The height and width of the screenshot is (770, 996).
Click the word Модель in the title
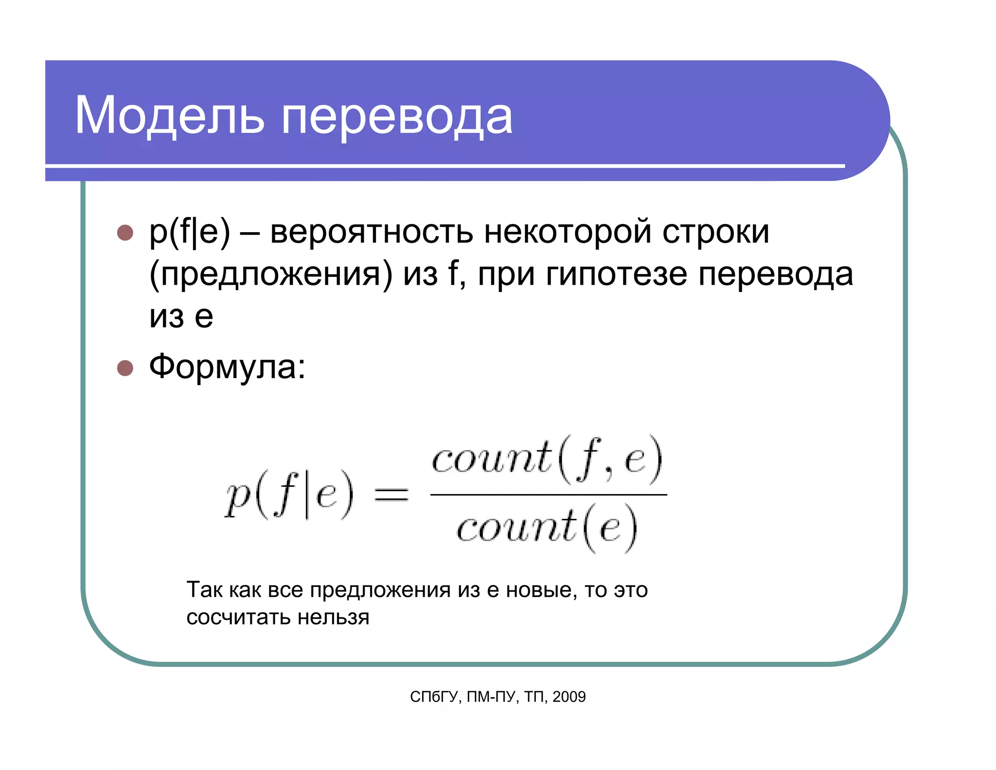(x=169, y=116)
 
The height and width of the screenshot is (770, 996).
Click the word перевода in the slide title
(x=397, y=118)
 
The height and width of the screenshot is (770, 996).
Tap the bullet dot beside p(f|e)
(x=125, y=233)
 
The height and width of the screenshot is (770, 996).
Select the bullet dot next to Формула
(x=125, y=368)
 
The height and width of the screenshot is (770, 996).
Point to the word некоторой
(x=568, y=233)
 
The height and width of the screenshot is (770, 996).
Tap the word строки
(x=716, y=233)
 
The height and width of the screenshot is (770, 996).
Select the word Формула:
(x=227, y=367)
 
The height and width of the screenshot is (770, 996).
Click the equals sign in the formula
(x=391, y=495)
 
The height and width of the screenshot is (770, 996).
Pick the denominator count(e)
(x=547, y=529)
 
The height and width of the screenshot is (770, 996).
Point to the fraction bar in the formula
(x=549, y=495)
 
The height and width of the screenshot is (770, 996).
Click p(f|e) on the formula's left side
(x=289, y=495)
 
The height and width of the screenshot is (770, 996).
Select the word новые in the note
(x=539, y=590)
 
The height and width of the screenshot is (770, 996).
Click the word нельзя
(x=334, y=617)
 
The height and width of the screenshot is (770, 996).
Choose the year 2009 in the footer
(x=569, y=697)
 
